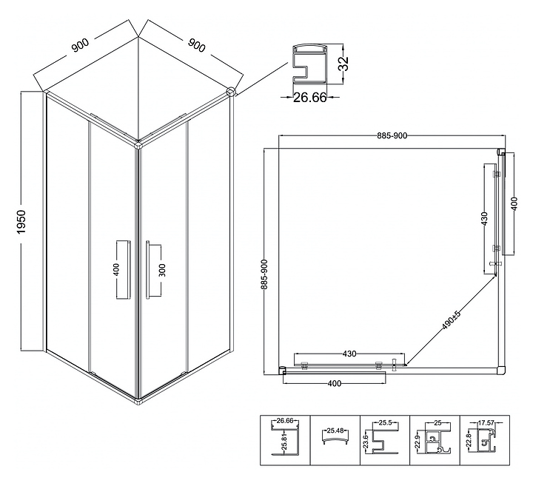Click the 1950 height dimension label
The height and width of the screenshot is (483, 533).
pyautogui.click(x=21, y=222)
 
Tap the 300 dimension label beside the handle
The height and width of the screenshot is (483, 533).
pyautogui.click(x=163, y=268)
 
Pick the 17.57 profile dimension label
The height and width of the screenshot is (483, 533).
pyautogui.click(x=486, y=423)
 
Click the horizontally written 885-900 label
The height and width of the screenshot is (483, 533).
pyautogui.click(x=392, y=135)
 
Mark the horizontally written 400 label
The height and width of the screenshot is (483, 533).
pyautogui.click(x=334, y=383)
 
